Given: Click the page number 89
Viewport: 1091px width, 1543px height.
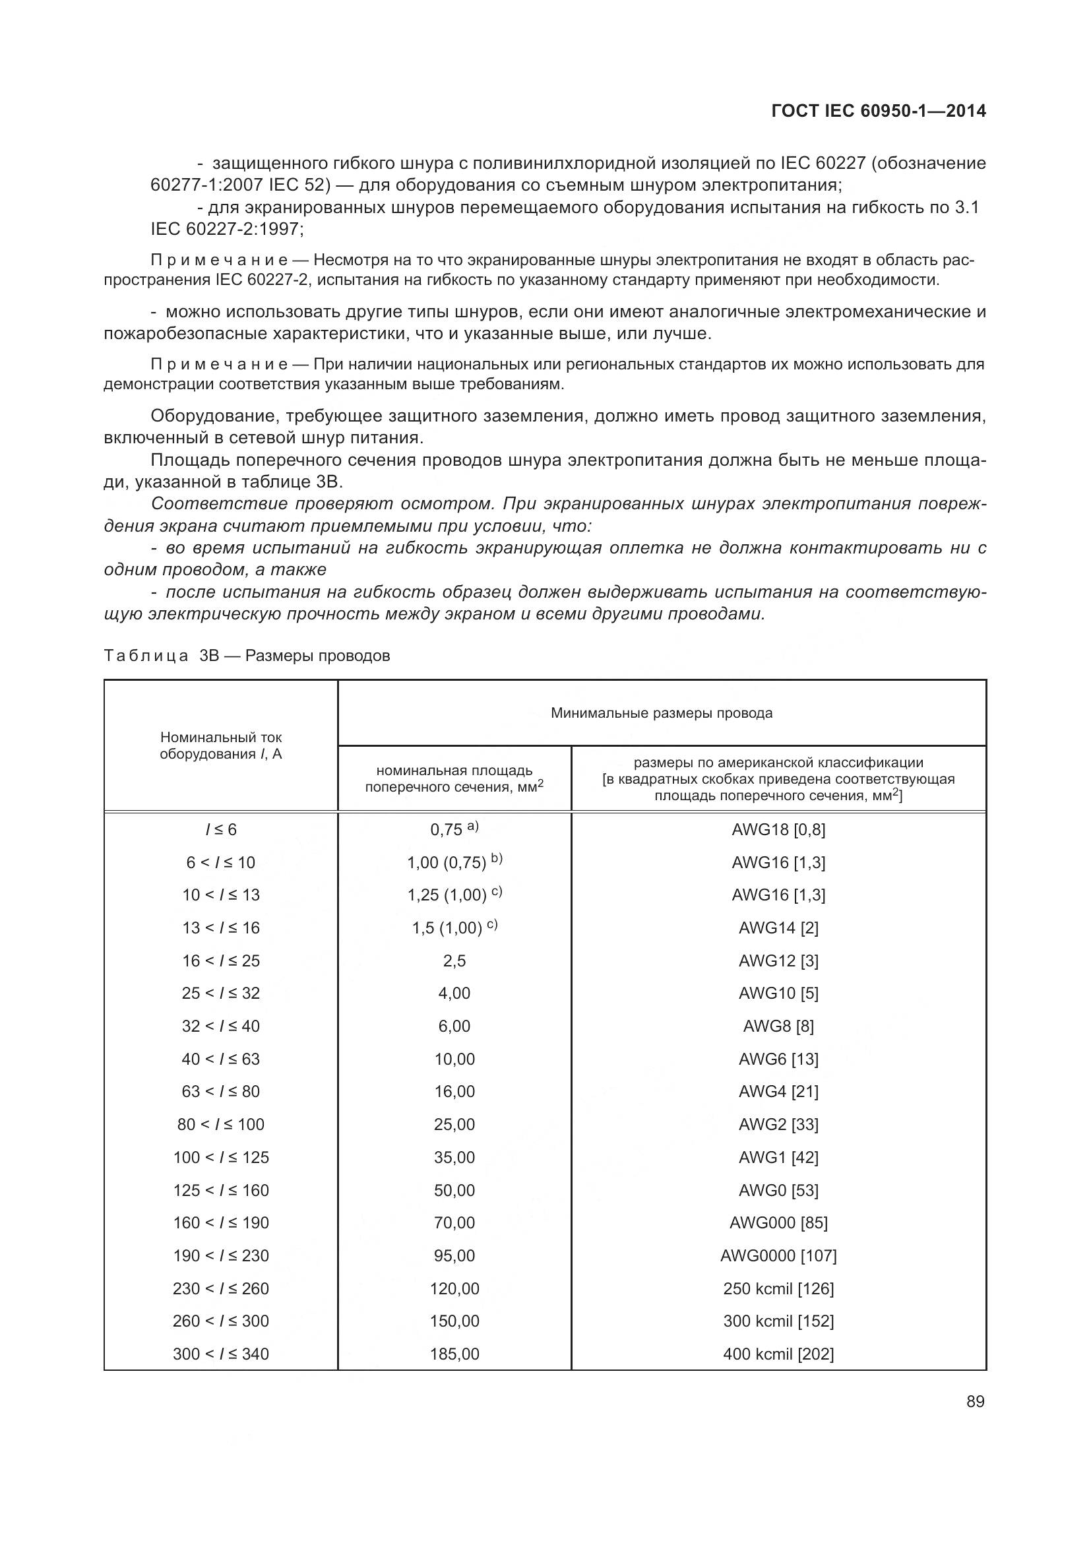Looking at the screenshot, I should (975, 1401).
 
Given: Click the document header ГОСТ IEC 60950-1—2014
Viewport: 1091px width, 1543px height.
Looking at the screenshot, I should (878, 111).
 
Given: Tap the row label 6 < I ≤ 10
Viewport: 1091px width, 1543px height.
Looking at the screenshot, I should (220, 862).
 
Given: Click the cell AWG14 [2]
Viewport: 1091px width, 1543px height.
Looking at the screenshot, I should (778, 928).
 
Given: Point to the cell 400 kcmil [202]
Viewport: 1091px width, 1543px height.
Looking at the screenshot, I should (778, 1354).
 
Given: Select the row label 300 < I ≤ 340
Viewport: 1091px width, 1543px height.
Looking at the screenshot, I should (220, 1354).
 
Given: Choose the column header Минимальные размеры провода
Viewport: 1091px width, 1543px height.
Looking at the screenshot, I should (661, 713).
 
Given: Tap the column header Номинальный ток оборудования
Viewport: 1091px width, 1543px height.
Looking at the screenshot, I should (220, 745).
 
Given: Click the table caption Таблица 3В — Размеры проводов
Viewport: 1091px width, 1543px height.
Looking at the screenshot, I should (247, 655).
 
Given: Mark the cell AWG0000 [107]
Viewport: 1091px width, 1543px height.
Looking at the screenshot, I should (778, 1255).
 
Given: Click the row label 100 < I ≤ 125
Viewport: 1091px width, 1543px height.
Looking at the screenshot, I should (220, 1157).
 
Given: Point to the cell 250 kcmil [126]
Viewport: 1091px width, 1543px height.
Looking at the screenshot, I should (778, 1288).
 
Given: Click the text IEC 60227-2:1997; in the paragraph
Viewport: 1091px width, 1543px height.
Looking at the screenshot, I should (227, 228).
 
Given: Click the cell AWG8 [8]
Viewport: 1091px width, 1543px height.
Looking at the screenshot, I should (778, 1026).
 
